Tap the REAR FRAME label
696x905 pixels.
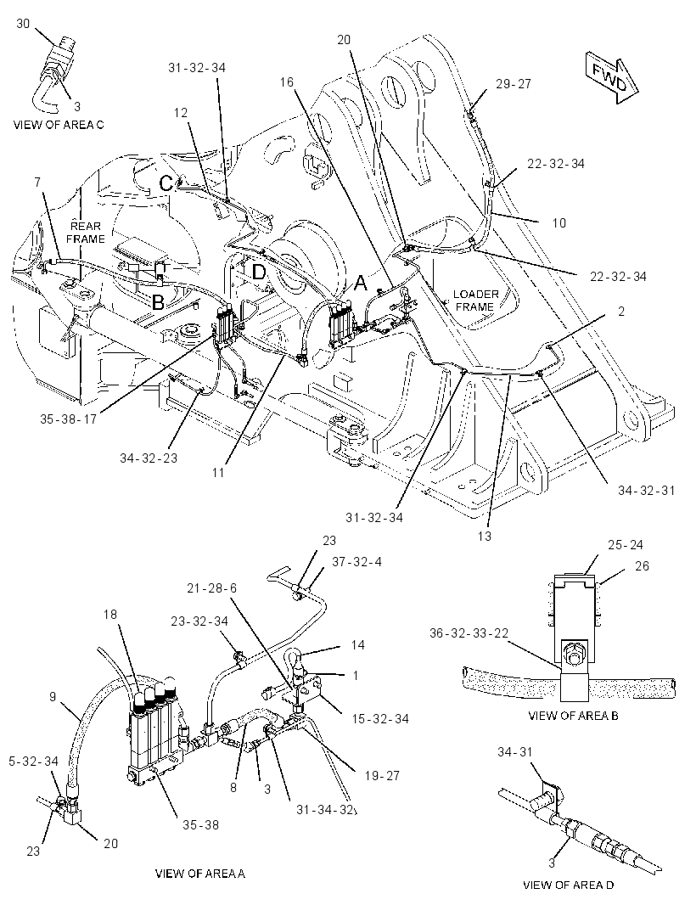point(86,233)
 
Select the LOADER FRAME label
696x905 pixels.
point(475,301)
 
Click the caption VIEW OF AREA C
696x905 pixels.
point(59,125)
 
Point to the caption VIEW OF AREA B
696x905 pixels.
point(573,716)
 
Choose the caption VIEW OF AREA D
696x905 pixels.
point(569,885)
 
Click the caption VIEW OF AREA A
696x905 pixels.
point(200,874)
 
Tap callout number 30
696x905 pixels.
point(23,24)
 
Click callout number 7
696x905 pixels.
point(37,183)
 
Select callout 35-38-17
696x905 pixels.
point(68,419)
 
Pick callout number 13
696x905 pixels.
point(485,536)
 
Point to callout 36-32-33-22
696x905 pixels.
point(469,633)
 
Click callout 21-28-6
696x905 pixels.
point(211,588)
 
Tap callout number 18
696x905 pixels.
point(110,614)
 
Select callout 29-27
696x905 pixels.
point(513,84)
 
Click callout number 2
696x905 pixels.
point(621,312)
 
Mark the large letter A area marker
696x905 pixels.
point(360,284)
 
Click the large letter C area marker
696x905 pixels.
point(166,183)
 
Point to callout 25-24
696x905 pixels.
point(625,545)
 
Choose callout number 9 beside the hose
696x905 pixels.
point(53,697)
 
